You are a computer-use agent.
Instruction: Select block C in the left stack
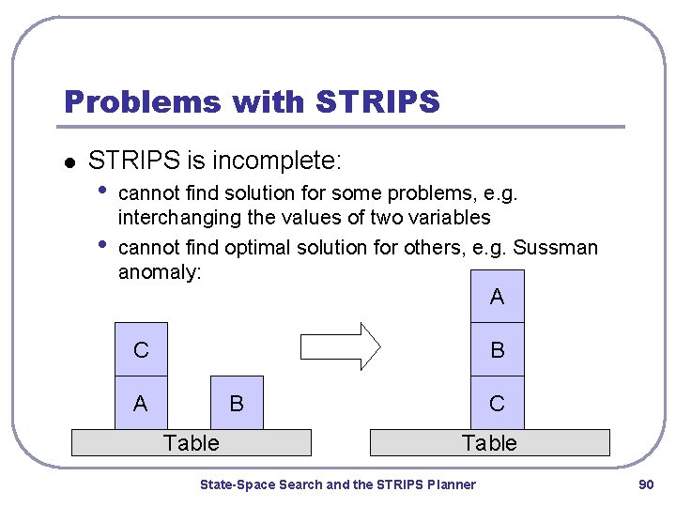point(141,350)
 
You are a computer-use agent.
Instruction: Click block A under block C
point(141,404)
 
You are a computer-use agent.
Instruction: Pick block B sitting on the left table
point(237,404)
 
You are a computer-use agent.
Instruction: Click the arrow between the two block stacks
point(339,347)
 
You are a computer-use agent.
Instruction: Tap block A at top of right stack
point(497,297)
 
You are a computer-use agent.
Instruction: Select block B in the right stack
point(497,350)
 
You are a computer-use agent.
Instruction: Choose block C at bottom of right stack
point(497,404)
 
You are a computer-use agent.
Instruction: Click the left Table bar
point(192,442)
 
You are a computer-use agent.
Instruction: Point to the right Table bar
point(489,442)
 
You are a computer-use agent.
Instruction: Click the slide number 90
point(645,484)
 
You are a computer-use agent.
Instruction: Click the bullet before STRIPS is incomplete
point(69,162)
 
